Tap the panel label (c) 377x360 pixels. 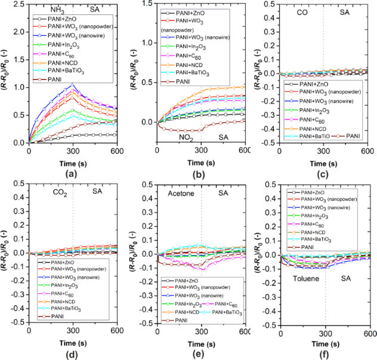tap(325, 175)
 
